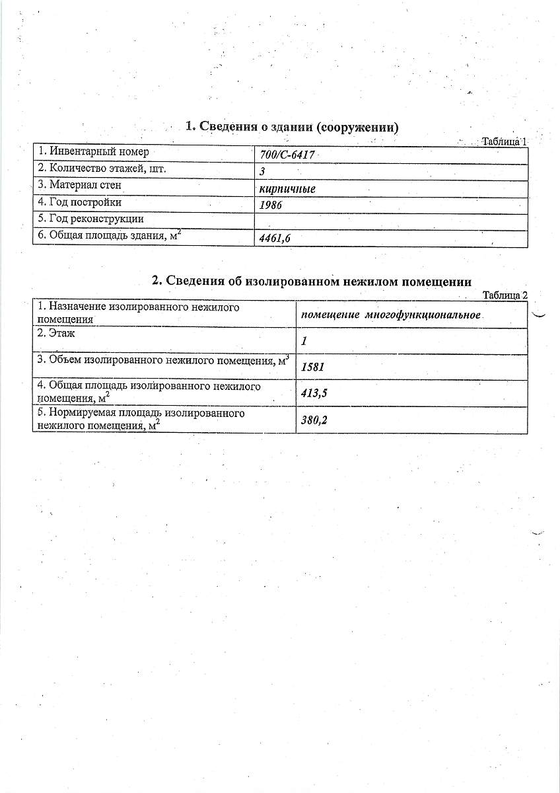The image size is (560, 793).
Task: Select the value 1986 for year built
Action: click(271, 206)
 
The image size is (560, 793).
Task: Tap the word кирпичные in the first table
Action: click(287, 189)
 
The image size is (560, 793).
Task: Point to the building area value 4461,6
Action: click(275, 239)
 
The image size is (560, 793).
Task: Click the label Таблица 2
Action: click(505, 295)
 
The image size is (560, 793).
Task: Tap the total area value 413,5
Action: click(314, 394)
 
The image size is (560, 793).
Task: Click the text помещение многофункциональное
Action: click(390, 315)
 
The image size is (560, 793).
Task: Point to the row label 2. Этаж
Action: click(56, 334)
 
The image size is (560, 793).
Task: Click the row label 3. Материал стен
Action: click(79, 186)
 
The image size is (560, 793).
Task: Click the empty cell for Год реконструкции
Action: click(391, 222)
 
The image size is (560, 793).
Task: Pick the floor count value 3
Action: click(263, 172)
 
